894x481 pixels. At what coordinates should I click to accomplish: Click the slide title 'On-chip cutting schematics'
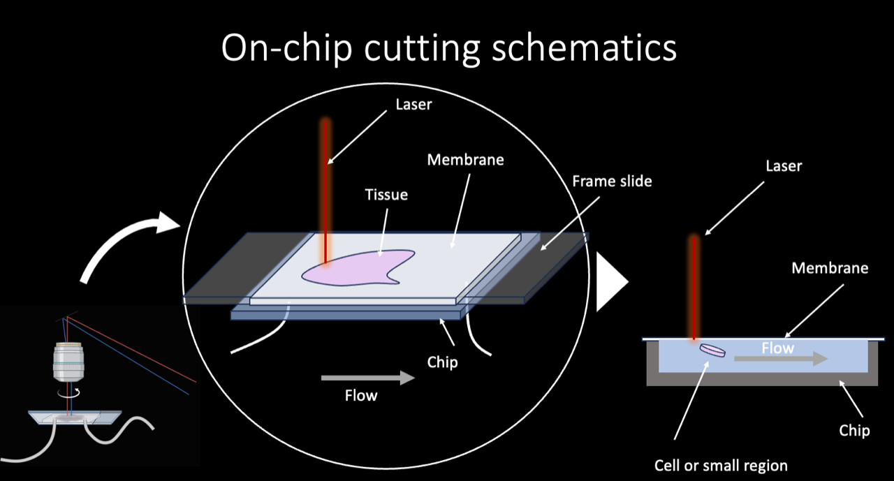pos(448,48)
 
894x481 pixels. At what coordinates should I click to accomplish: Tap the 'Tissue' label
pos(386,194)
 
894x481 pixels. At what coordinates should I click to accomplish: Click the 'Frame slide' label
pos(612,181)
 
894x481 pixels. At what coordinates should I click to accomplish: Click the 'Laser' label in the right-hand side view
pos(784,166)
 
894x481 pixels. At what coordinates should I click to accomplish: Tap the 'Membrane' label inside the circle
pos(465,160)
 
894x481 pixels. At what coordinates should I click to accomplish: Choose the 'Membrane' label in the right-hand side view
pos(830,267)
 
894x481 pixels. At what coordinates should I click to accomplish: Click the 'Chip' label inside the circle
pos(442,362)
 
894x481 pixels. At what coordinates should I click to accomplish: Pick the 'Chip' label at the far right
pos(854,430)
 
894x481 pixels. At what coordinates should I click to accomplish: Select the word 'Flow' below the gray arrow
pos(361,396)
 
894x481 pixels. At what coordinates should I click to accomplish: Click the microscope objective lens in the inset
pos(68,363)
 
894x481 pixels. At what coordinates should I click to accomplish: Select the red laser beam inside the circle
pos(325,188)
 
